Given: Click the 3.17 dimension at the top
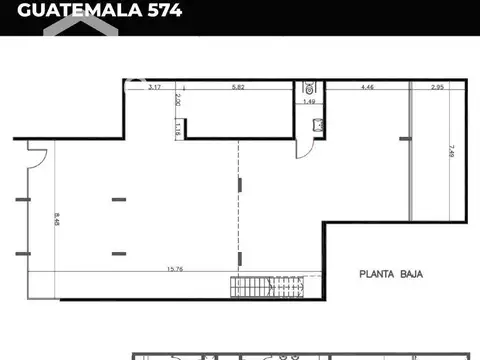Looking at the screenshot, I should point(155,89).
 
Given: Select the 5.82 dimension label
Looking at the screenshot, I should point(237,89).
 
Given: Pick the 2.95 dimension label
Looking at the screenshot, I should point(438,89).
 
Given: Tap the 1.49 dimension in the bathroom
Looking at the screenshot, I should point(310,101).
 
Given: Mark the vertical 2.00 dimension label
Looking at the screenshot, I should point(177,100).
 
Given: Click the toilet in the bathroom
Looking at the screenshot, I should point(309,87).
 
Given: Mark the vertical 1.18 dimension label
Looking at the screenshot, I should point(177,128).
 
